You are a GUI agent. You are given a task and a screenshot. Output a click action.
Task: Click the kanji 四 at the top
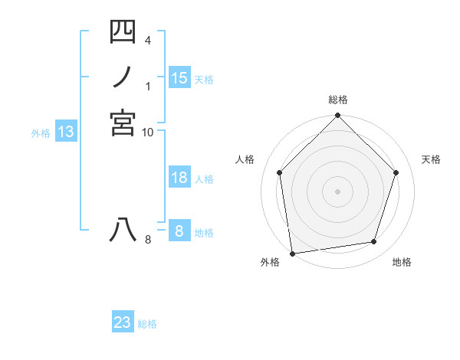point(123,32)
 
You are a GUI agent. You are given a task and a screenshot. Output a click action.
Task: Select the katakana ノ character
point(123,78)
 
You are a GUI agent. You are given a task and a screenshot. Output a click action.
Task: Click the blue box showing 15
point(179,77)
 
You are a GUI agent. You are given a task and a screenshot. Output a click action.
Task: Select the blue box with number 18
point(179,178)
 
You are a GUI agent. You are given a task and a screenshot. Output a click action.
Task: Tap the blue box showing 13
point(66,132)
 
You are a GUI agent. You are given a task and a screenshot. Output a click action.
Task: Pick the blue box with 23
point(123,322)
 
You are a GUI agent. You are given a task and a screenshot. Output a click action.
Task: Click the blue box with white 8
point(179,231)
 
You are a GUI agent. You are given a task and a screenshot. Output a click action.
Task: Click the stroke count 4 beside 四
point(147,39)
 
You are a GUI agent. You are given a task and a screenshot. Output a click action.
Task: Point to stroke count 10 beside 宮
point(148,133)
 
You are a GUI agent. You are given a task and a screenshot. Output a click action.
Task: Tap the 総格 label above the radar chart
point(338,100)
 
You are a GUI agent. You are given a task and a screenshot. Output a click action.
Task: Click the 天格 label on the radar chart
point(431,159)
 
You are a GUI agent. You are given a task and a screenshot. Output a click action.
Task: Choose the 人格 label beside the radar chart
point(245,159)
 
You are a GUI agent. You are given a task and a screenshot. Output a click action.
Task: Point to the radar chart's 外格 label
point(269,262)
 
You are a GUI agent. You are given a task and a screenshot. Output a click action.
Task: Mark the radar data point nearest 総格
point(338,116)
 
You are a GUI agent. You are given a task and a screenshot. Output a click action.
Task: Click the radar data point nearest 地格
point(374,242)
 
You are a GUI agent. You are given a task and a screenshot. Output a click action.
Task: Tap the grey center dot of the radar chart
point(338,191)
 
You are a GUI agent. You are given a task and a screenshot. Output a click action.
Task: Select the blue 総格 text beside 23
point(148,324)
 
